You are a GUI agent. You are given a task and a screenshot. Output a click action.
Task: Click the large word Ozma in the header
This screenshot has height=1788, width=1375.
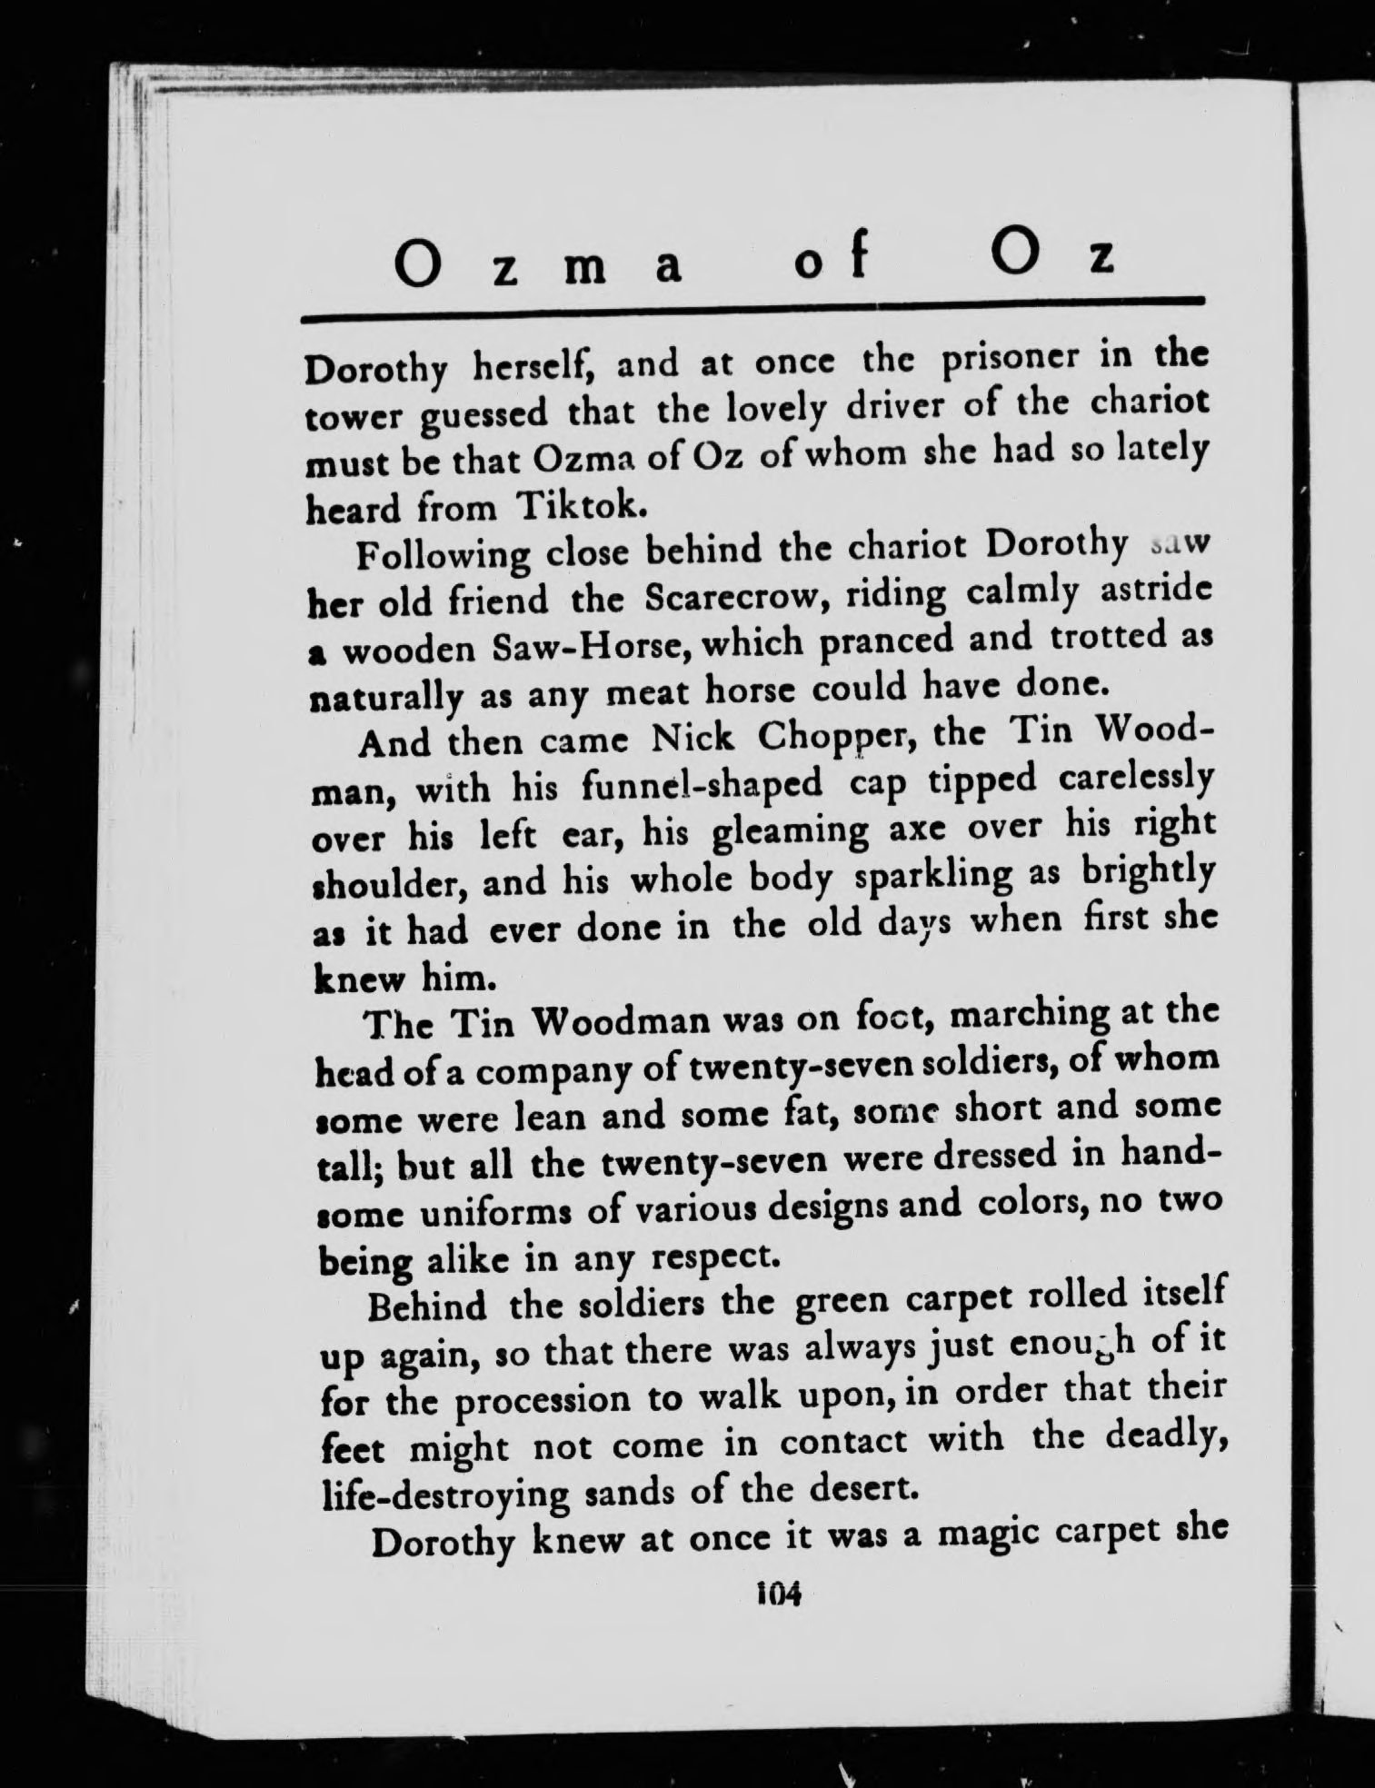[x=540, y=263]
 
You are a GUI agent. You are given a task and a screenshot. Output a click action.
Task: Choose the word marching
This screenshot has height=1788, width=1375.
[x=1030, y=1017]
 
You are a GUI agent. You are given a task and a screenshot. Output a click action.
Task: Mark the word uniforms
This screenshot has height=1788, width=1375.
[x=521, y=1212]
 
